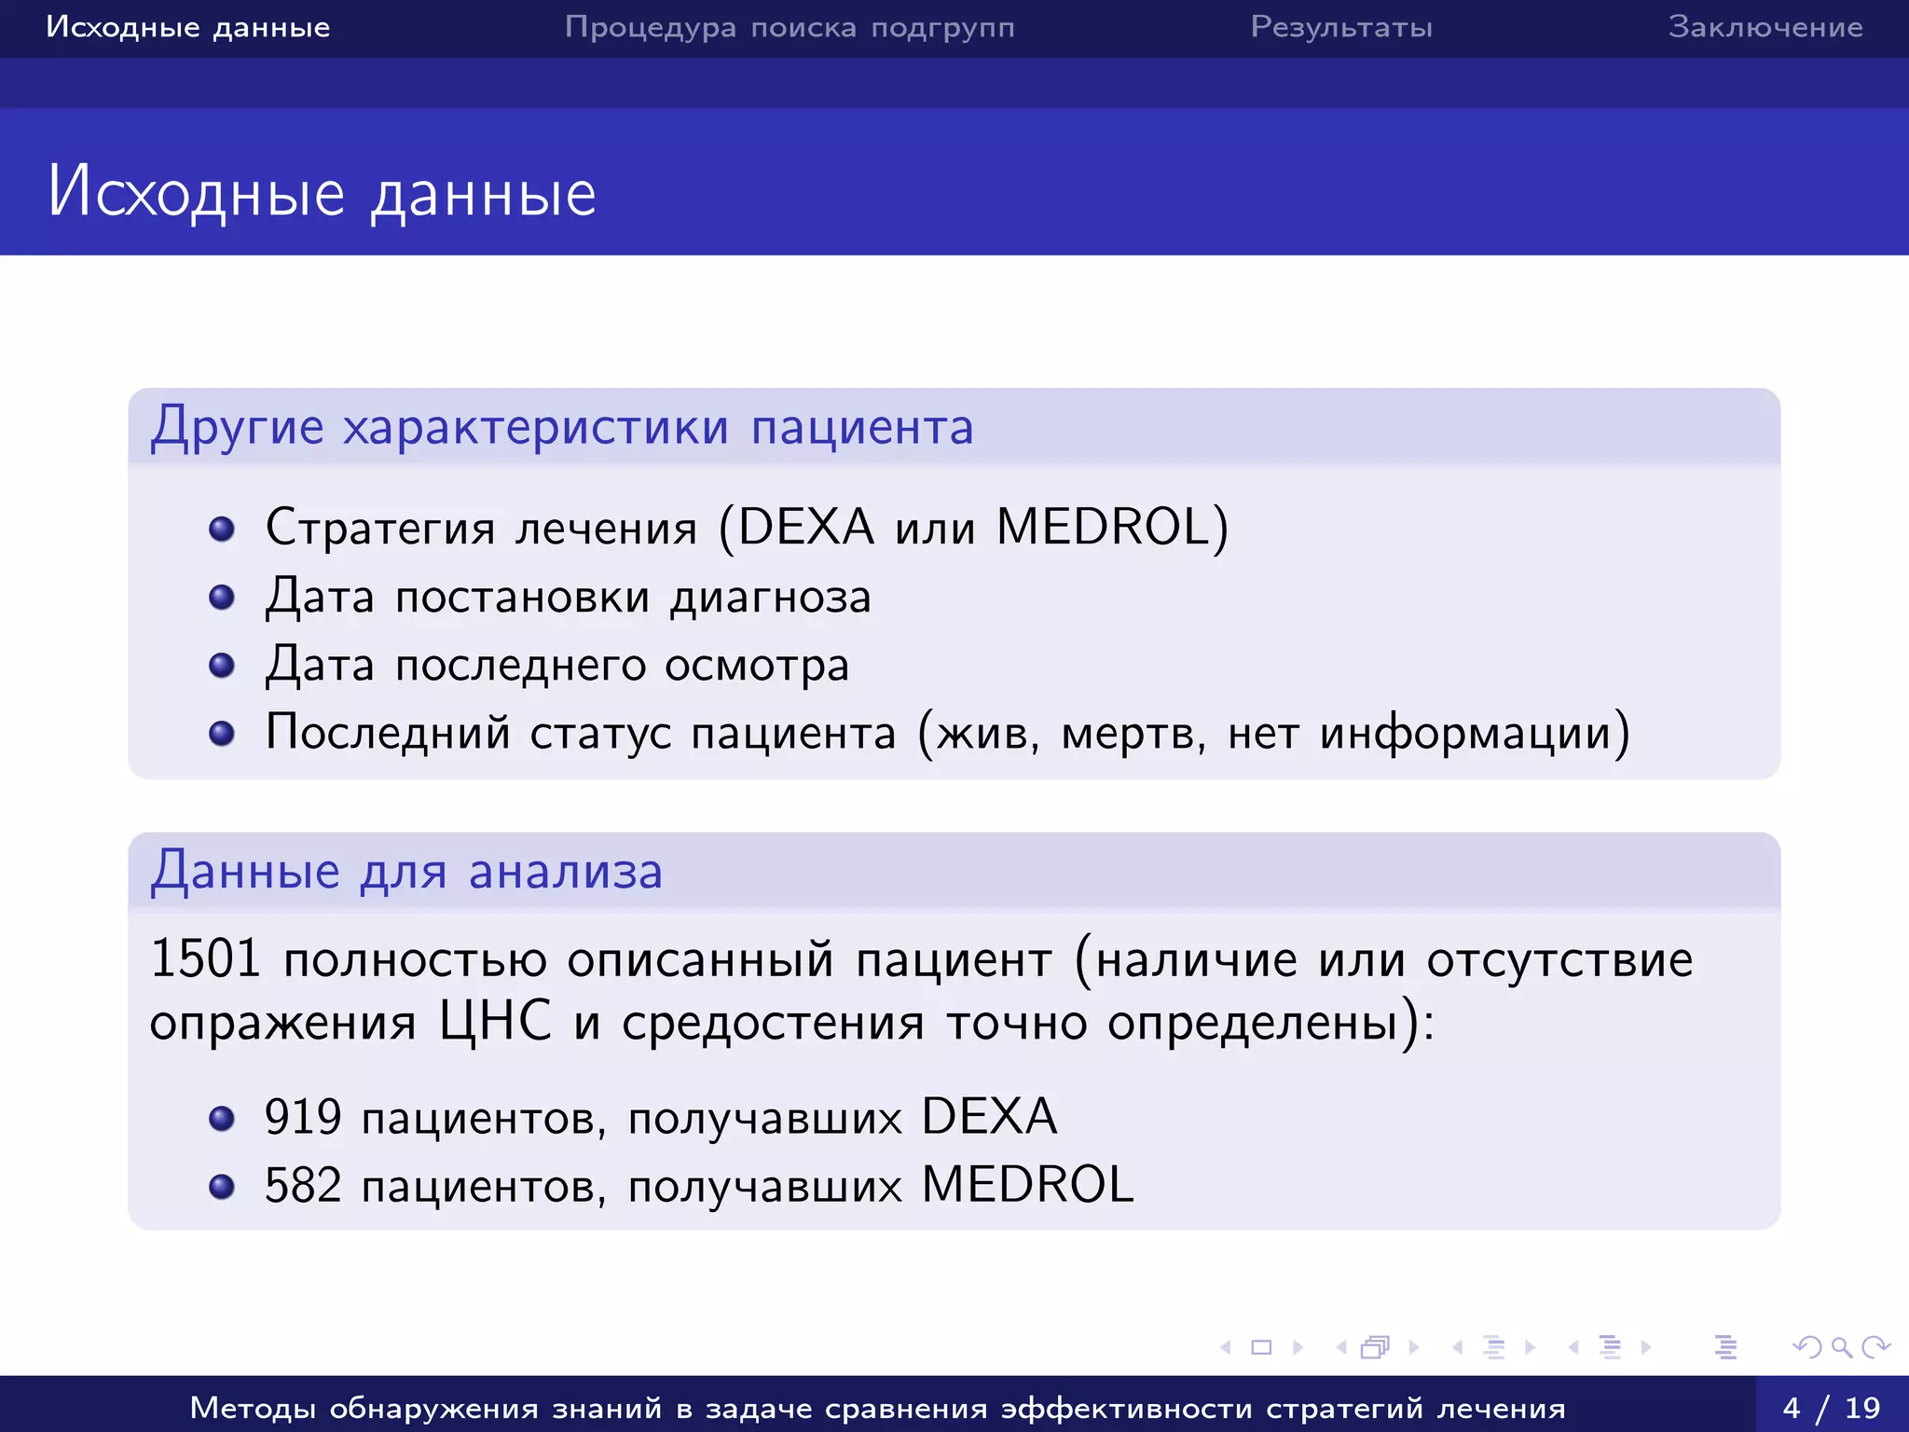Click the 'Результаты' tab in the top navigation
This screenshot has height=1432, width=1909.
click(1341, 27)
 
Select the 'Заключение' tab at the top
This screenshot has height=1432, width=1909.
click(1765, 27)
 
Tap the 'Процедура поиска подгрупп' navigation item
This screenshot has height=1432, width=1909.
click(790, 27)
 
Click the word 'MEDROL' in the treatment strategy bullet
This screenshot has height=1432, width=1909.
click(1103, 527)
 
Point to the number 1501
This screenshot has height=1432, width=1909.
click(204, 958)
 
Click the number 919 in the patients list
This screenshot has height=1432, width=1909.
click(303, 1117)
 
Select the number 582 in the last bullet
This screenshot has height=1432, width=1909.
click(303, 1186)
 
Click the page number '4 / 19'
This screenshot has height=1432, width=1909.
click(1832, 1407)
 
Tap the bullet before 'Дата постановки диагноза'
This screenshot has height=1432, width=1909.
click(222, 597)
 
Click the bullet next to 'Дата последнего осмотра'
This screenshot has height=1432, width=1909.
click(222, 665)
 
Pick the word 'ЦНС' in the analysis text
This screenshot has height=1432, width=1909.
click(495, 1022)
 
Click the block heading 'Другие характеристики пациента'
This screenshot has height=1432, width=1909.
click(562, 428)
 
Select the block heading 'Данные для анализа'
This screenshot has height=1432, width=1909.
click(406, 872)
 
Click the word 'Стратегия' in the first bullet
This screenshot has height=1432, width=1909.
click(379, 528)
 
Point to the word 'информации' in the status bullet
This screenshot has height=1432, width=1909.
click(1466, 733)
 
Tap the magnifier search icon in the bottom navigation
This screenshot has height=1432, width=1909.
click(1841, 1347)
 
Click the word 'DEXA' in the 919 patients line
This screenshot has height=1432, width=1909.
click(989, 1117)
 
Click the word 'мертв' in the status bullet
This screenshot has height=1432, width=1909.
click(1129, 734)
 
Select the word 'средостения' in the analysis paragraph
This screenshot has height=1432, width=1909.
click(773, 1023)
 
